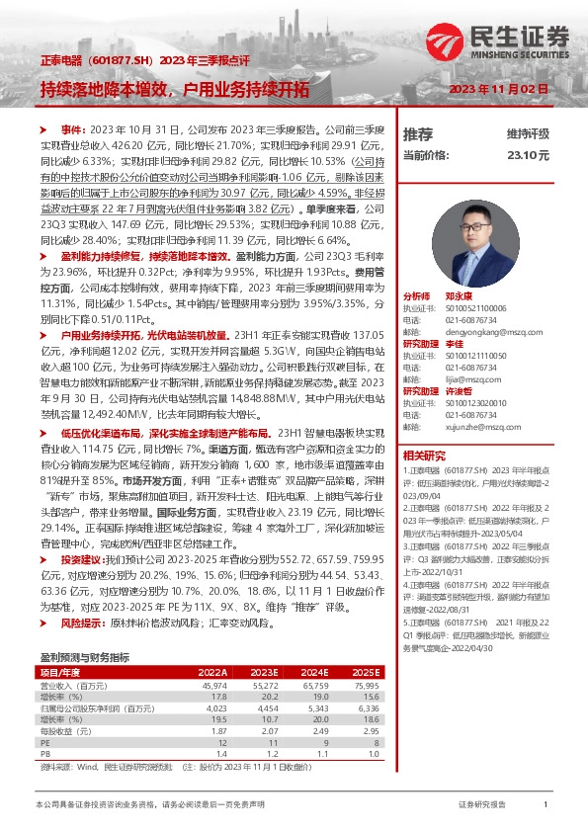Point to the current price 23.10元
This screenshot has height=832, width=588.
pyautogui.click(x=528, y=154)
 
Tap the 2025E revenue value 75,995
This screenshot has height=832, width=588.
pyautogui.click(x=366, y=684)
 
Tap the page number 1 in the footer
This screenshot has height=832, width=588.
pyautogui.click(x=546, y=805)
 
